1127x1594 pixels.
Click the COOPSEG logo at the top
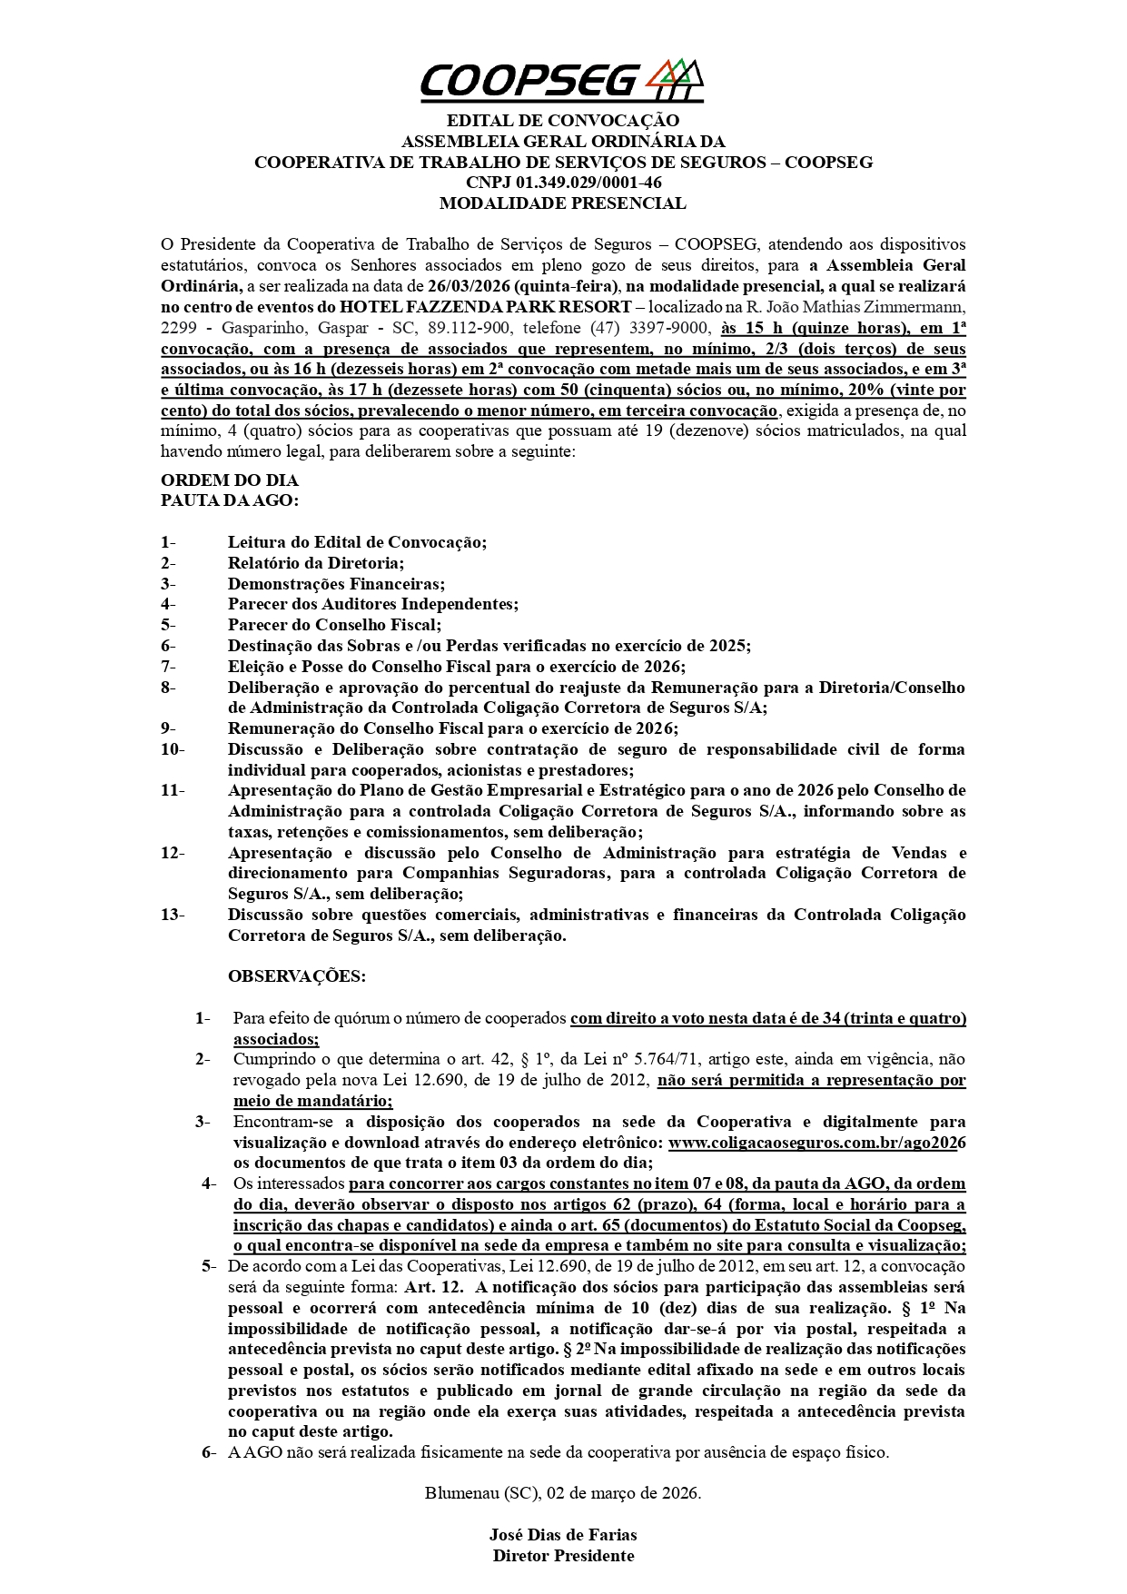561,80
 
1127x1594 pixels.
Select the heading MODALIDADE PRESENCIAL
562,203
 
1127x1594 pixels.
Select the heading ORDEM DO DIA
230,480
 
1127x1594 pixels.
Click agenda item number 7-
168,667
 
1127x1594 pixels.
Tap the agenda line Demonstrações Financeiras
336,584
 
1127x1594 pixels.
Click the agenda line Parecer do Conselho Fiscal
334,625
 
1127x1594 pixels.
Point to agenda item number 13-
173,915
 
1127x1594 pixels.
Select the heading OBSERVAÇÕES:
297,976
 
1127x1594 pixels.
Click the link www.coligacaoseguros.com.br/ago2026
816,1143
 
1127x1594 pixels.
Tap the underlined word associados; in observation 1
276,1039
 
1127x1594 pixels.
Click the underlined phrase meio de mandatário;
312,1101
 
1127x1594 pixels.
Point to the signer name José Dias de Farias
563,1535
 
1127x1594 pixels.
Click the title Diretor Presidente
563,1556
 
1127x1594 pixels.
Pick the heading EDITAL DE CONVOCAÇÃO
563,121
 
